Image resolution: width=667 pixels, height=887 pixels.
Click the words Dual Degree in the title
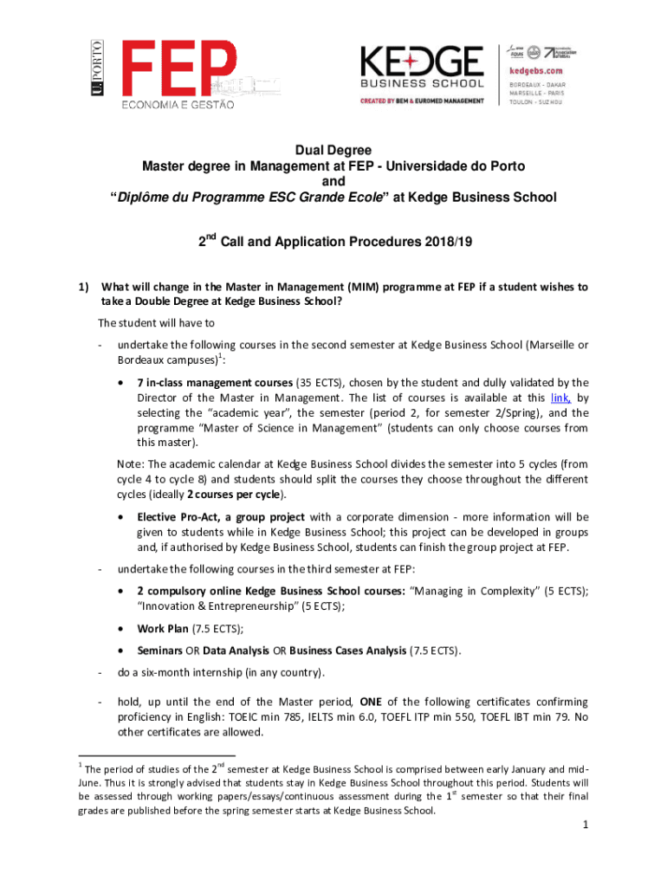tap(333, 150)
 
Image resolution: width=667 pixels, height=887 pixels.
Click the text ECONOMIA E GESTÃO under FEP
tap(178, 104)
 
